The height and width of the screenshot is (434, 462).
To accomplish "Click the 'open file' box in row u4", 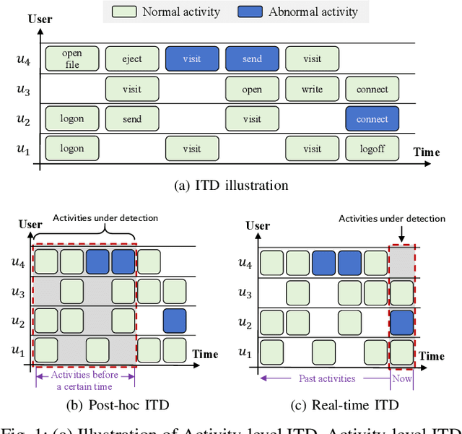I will point(71,58).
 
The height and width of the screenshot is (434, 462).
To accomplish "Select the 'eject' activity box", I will point(131,58).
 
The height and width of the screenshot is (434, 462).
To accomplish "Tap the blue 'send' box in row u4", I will point(252,58).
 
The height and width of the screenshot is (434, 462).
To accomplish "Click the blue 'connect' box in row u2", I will point(372,118).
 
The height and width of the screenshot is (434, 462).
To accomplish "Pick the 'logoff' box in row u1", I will point(372,148).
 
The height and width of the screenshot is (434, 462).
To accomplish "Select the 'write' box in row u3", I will point(312,90).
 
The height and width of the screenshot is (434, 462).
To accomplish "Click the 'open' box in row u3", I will point(252,90).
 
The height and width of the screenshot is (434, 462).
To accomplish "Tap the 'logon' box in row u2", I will point(71,118).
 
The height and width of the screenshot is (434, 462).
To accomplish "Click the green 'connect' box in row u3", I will point(372,90).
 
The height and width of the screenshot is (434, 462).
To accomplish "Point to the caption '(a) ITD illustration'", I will point(231,186).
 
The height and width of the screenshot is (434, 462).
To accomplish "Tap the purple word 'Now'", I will point(401,378).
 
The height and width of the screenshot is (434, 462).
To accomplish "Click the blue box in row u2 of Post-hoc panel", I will point(174,320).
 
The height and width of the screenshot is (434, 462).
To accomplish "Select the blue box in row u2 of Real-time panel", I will point(401,321).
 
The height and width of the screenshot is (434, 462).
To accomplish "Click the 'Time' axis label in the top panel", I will point(427,152).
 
